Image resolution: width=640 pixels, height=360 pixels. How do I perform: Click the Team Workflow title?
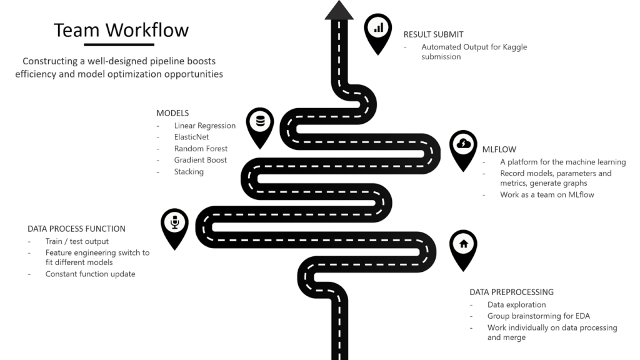pos(121,30)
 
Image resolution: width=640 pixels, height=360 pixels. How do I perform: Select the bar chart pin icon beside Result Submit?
pos(378,29)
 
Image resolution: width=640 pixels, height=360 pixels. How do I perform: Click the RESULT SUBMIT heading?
pos(433,34)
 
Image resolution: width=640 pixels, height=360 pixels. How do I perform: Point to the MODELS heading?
pos(172,113)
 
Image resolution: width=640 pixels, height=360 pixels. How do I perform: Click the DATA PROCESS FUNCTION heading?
pos(76,229)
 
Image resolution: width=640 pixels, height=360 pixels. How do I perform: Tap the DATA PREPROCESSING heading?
pos(511,292)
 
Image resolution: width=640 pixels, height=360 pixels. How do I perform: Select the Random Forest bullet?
pos(201,149)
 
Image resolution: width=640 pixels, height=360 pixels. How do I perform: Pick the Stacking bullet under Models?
pos(189,171)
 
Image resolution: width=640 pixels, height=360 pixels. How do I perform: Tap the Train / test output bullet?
pos(77,241)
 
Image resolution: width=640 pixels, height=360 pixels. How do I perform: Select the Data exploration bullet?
pos(516,304)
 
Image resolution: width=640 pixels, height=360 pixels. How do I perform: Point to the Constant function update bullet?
pos(90,274)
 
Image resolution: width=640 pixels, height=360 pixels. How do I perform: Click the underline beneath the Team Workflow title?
pos(119,44)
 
